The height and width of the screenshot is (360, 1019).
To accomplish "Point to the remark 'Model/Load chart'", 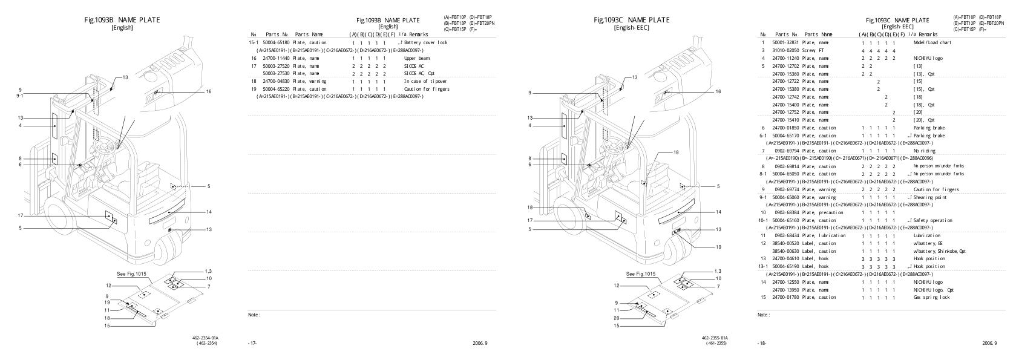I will click(x=932, y=43).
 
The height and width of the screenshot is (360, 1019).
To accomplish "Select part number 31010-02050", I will click(x=785, y=51).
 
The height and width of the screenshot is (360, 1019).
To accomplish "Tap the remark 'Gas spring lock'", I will click(x=931, y=297).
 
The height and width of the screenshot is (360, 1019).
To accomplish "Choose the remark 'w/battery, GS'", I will click(x=928, y=243).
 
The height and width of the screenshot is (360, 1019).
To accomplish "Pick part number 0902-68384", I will click(x=785, y=212).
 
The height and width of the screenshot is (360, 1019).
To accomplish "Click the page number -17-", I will click(x=252, y=343).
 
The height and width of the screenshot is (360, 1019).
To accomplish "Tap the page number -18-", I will click(x=761, y=343).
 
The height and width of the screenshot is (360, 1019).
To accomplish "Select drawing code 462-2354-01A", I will click(x=205, y=338).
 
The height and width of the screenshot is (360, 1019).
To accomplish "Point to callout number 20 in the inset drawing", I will click(x=617, y=318).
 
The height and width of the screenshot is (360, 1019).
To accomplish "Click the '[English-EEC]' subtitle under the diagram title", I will click(x=631, y=28).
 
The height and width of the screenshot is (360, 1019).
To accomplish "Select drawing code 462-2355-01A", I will click(x=715, y=338).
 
